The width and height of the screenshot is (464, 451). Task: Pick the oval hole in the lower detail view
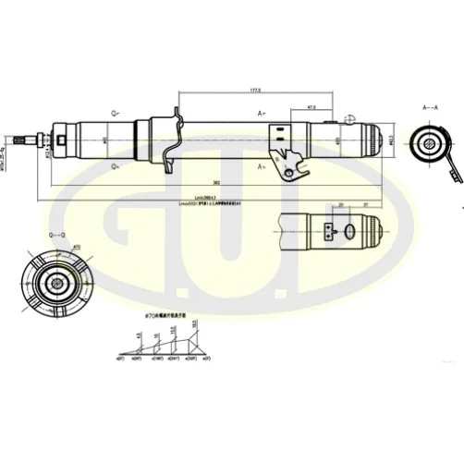[351, 232]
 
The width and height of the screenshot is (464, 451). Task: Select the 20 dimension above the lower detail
[340, 204]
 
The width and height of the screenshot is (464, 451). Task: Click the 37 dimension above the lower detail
[367, 204]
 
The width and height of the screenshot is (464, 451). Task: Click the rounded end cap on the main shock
[369, 140]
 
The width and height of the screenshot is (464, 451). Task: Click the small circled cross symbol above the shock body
[348, 118]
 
